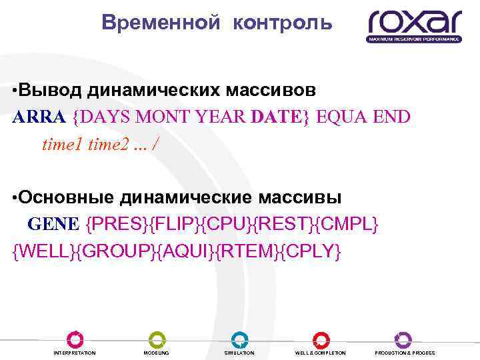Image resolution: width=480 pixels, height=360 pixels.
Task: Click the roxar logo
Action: [x=414, y=25]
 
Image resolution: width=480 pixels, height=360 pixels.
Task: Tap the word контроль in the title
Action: [x=282, y=23]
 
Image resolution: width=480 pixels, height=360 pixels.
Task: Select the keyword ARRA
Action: [x=39, y=117]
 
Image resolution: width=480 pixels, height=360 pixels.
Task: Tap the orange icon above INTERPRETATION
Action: [x=75, y=339]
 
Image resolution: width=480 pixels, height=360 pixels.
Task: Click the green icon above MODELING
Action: [x=157, y=339]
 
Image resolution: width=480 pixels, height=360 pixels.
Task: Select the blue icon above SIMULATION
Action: [x=239, y=339]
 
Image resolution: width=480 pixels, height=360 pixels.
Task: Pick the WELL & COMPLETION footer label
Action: [x=321, y=353]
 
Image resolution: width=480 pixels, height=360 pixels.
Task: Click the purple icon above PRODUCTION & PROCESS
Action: [x=404, y=339]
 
